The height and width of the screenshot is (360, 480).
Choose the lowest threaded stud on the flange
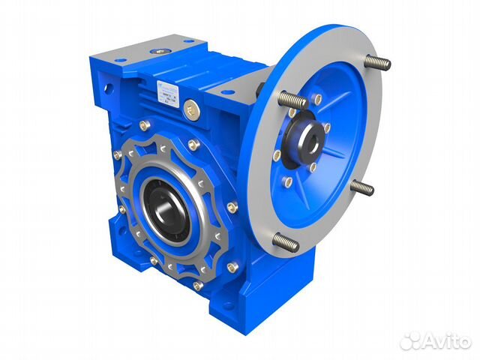point(286,242)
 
